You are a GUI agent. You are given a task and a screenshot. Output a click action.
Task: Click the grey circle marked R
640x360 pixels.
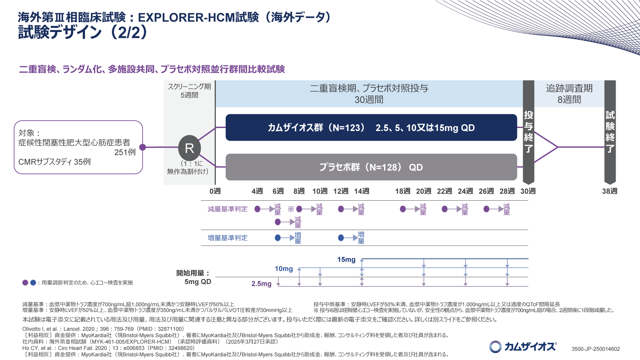tap(189, 148)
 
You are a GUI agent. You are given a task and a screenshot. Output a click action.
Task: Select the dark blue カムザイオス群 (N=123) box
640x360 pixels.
tap(371, 128)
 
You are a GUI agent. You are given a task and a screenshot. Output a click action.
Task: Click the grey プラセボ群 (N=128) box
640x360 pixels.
tap(371, 167)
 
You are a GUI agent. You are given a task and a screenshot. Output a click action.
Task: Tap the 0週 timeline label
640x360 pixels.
tap(215, 191)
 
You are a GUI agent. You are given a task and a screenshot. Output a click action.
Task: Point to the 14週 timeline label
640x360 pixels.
tap(362, 191)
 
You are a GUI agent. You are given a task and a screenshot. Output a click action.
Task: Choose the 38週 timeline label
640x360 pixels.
tap(610, 191)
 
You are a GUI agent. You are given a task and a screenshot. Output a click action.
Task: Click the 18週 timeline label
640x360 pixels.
tap(403, 191)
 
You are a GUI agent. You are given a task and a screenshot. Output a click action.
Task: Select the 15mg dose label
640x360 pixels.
tap(346, 260)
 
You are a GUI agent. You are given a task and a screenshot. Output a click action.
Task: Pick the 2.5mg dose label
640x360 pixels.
tap(261, 284)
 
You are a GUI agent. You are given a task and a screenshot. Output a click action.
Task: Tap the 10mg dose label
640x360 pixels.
tap(284, 269)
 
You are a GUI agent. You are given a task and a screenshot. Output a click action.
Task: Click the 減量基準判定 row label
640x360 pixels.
tap(228, 209)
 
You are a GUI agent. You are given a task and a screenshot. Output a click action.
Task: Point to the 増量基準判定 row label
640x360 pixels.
tap(228, 238)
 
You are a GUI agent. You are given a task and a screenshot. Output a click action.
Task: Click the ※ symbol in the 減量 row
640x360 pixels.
tap(291, 209)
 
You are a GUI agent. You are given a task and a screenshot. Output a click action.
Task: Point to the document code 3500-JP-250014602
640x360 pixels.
tap(596, 349)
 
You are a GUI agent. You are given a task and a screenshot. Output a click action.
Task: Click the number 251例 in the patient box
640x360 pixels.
tap(125, 152)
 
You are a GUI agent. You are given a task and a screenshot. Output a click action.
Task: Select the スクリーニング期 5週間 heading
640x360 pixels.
tap(189, 91)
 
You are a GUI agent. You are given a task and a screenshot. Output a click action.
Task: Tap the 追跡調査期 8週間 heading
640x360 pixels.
tap(569, 94)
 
